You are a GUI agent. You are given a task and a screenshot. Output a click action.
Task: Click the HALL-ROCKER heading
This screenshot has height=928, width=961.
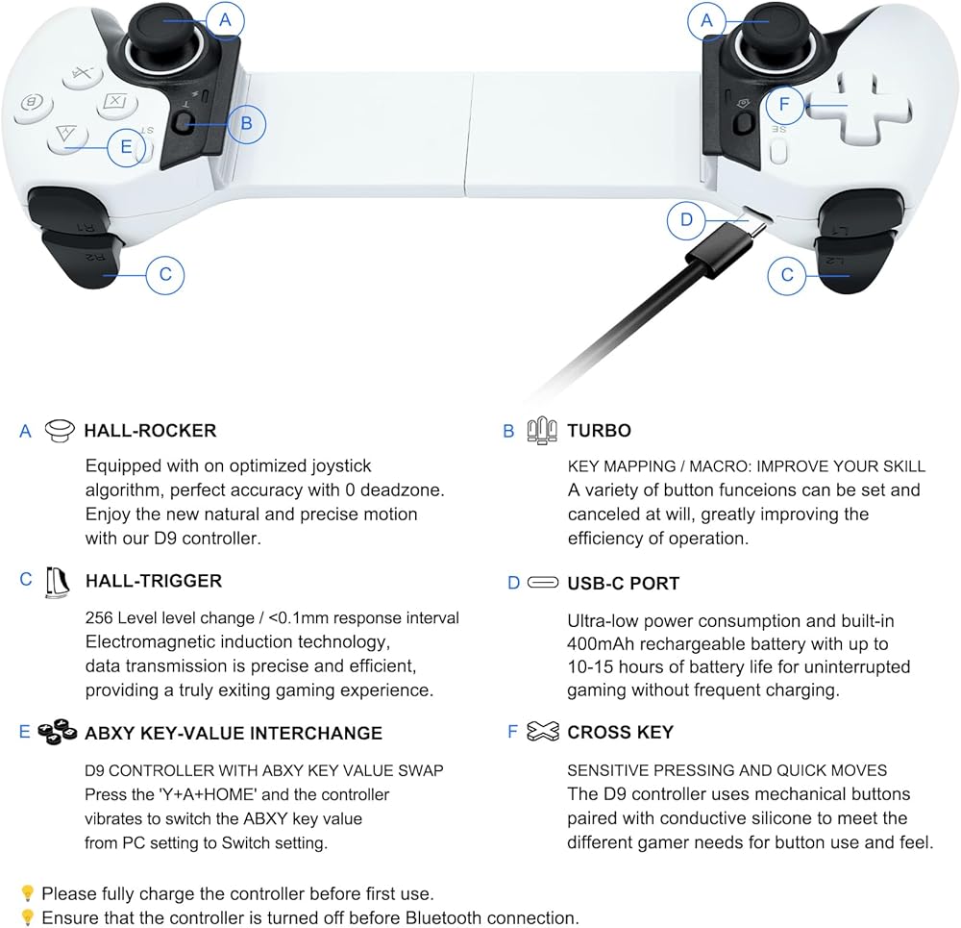(x=150, y=431)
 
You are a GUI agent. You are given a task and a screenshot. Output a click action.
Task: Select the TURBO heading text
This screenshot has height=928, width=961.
(x=599, y=431)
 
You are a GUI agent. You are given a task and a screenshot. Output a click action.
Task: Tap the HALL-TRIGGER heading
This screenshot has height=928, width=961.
(x=153, y=581)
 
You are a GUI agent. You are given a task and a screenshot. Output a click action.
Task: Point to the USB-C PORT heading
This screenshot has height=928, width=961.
(x=623, y=583)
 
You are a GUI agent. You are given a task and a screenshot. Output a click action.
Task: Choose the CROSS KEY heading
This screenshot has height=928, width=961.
(x=620, y=733)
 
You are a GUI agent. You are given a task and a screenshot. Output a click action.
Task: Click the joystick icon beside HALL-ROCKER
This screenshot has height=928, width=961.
(x=60, y=431)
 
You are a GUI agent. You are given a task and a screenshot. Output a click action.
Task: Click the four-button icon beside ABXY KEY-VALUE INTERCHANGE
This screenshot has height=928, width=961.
(x=58, y=732)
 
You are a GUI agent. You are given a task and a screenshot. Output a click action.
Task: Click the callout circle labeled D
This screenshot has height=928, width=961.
(x=686, y=219)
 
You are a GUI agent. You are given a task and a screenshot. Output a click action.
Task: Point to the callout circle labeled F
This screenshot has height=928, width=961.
(x=784, y=104)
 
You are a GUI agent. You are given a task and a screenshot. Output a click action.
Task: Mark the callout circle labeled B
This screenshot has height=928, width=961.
(x=247, y=123)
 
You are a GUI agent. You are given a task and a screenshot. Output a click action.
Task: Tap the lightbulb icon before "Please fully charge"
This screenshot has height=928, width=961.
(x=28, y=893)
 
